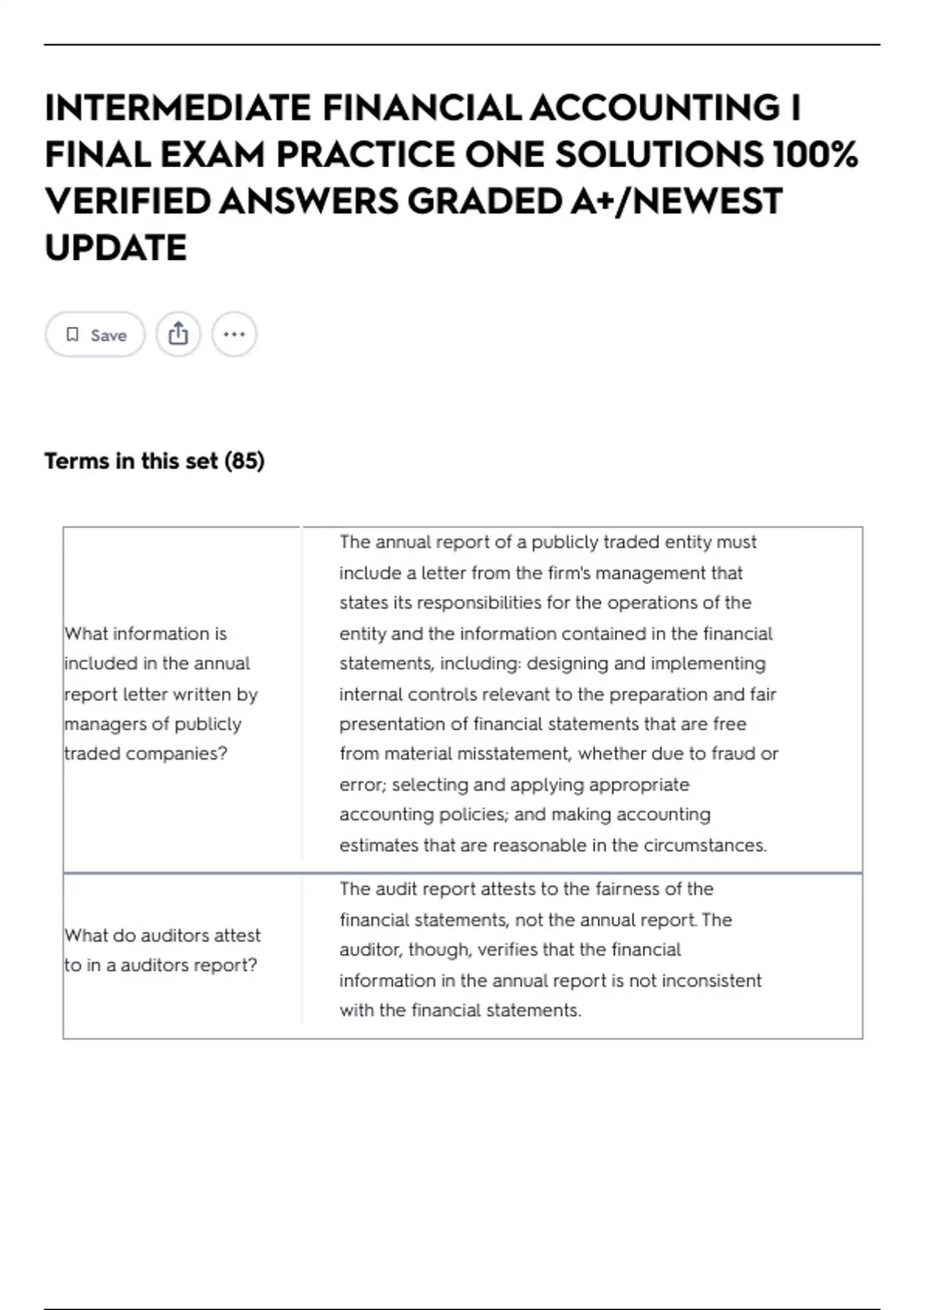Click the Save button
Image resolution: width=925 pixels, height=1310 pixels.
(x=95, y=334)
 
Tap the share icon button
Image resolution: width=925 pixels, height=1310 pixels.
(x=178, y=334)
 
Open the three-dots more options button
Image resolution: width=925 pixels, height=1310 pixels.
(x=234, y=334)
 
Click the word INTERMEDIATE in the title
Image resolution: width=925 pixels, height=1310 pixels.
(x=178, y=107)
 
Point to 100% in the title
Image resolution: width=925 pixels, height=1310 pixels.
(x=815, y=154)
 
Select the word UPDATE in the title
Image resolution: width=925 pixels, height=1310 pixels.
(x=116, y=248)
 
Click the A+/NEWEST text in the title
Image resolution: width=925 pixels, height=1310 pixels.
(x=677, y=201)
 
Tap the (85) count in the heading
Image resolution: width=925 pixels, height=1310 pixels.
(x=244, y=461)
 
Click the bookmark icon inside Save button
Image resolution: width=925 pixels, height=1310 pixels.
(x=72, y=334)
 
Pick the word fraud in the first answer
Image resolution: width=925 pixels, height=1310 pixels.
(x=733, y=754)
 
